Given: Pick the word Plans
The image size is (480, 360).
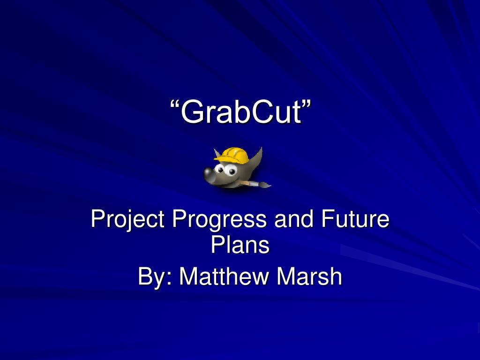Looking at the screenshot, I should tap(240, 244).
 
